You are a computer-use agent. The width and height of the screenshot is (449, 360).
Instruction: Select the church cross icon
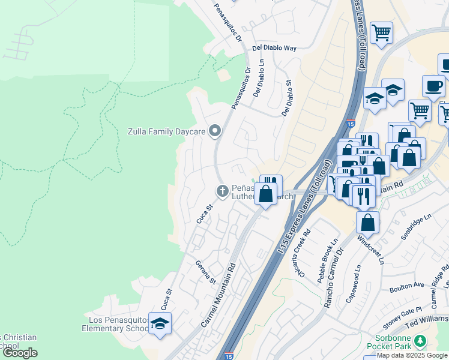click(222, 191)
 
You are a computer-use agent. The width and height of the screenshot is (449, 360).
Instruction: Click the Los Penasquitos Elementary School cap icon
click(160, 324)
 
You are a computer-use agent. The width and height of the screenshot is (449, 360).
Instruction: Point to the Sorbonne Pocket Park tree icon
click(421, 341)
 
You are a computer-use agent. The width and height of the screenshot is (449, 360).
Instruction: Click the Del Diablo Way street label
click(274, 47)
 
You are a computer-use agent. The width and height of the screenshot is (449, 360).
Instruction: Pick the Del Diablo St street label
click(286, 98)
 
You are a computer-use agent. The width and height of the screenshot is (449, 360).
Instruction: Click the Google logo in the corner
click(20, 353)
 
